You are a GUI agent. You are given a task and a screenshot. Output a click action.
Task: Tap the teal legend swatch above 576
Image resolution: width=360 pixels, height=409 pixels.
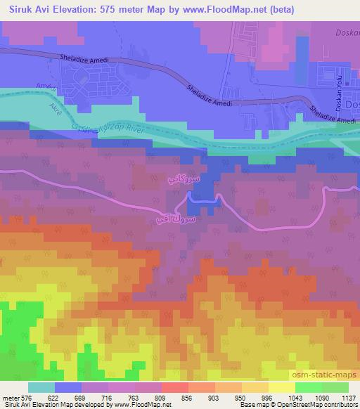coord(41,387)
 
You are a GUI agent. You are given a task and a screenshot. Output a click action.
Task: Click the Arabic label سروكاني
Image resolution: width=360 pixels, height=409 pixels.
coord(185,180)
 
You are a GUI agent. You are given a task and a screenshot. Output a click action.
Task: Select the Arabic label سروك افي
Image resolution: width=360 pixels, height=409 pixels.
coord(172,220)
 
